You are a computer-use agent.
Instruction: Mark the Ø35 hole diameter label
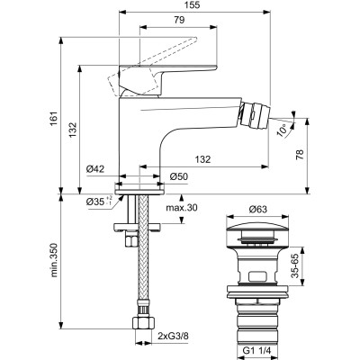pos(94,202)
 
